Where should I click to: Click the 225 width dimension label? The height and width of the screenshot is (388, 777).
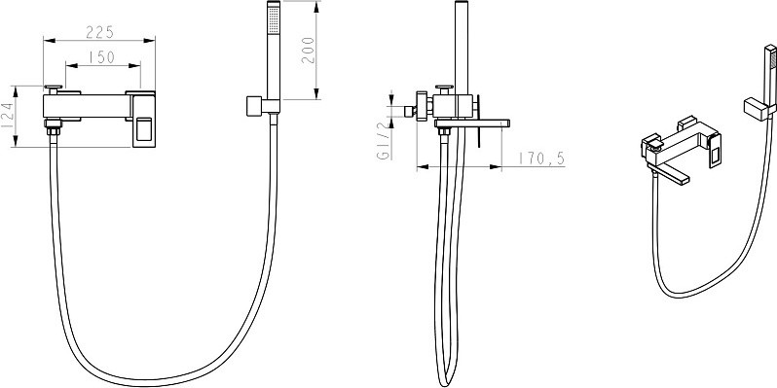click(x=100, y=32)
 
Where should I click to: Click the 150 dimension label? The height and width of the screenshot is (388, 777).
click(x=101, y=57)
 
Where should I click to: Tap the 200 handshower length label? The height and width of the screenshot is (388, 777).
click(x=308, y=50)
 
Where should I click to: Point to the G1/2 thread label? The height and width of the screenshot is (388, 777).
click(x=384, y=140)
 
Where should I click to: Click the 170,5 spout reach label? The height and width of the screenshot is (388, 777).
click(x=541, y=159)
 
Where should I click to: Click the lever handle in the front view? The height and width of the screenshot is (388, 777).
click(x=144, y=121)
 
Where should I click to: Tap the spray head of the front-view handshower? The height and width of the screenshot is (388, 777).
click(x=274, y=18)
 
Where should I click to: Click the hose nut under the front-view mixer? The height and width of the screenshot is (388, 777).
click(x=53, y=130)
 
